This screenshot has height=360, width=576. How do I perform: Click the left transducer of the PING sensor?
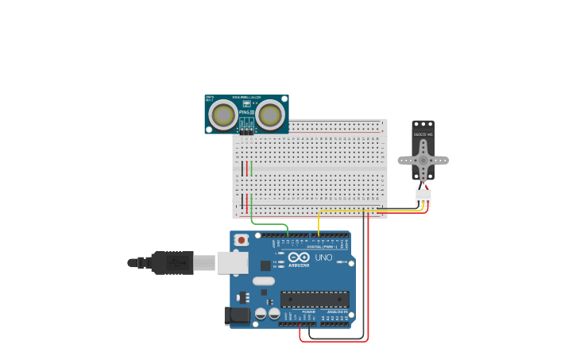[222, 116]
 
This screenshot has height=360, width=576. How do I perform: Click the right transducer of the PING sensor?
[270, 116]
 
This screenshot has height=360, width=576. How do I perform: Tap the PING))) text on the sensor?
[246, 112]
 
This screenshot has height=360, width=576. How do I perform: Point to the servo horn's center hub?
[423, 160]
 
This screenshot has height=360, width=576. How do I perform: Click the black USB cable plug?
[172, 262]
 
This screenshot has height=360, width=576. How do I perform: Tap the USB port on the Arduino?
[232, 262]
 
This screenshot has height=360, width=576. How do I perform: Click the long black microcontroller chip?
[315, 300]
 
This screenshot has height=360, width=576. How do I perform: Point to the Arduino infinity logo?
[299, 257]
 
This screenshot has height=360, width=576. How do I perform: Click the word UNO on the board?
[324, 257]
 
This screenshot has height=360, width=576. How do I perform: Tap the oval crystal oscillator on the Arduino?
[264, 281]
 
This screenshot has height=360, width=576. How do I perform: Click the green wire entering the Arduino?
[270, 223]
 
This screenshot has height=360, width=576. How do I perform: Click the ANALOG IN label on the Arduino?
[338, 312]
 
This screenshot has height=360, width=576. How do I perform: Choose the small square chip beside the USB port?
[265, 265]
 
